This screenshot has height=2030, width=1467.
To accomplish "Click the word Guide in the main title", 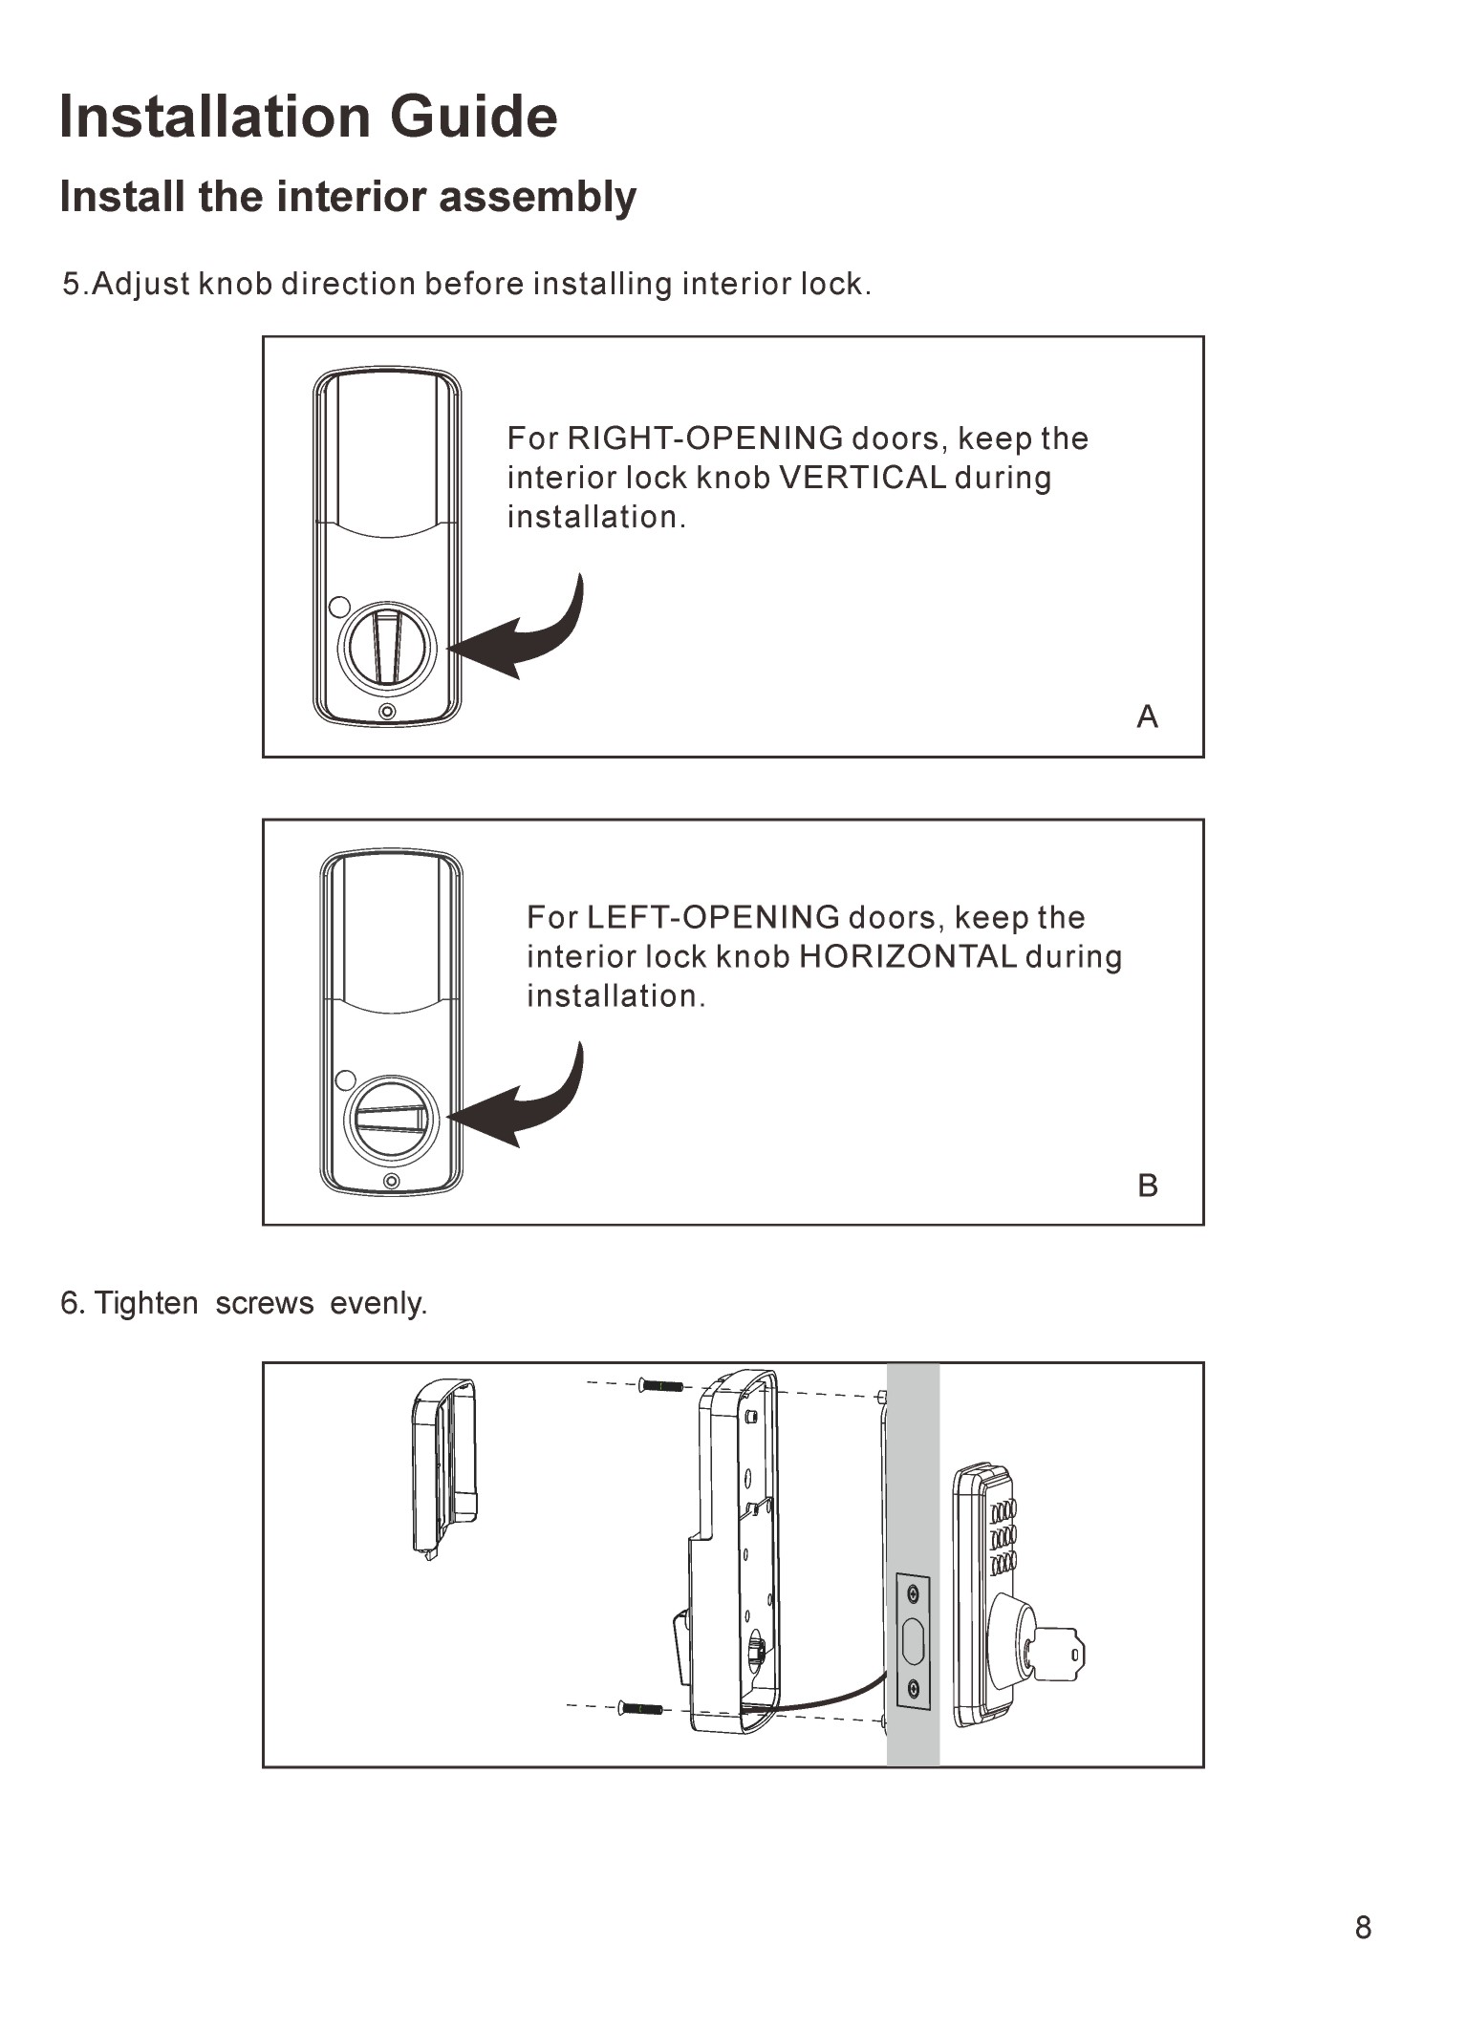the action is coord(473,117).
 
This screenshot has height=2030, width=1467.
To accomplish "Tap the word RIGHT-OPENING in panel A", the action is coord(705,438).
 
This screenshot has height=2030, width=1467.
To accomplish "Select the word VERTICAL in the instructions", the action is coord(863,478).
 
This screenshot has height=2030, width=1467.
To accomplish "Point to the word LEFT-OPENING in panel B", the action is coord(713,917).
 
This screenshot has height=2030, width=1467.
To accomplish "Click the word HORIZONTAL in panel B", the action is coord(907,956).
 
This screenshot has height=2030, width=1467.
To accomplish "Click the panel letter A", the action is coord(1148,716).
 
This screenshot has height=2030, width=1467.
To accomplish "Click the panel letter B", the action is coord(1148,1186).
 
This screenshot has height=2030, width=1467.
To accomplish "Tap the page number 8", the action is coord(1363,1928).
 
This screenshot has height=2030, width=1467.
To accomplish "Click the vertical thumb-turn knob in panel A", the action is coord(387,648).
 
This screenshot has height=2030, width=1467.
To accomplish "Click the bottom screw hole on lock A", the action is coord(387,712).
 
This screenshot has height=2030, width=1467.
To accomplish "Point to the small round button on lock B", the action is coord(346,1079).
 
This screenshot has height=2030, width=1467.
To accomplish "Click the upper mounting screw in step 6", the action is coord(661,1385).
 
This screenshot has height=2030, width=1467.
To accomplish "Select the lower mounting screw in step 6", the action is coord(640,1707).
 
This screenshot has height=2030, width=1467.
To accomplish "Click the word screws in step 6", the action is coord(265,1303).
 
